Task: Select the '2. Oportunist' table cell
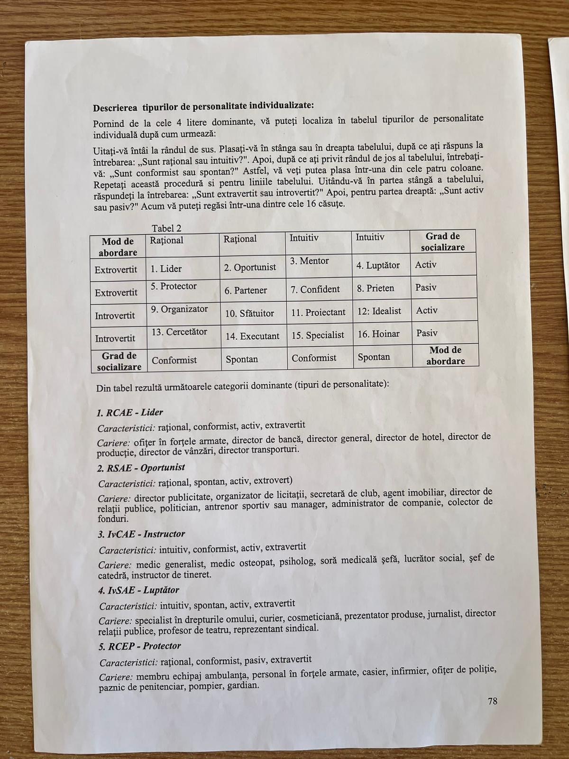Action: [250, 268]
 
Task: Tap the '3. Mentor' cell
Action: [309, 261]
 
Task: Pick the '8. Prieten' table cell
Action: [375, 288]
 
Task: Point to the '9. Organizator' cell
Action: [180, 309]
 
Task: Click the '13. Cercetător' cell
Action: [179, 332]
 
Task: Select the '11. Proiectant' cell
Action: [318, 313]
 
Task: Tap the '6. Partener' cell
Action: [246, 290]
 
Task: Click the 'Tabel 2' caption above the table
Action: [166, 229]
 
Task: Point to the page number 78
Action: [493, 701]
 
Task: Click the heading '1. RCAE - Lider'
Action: [129, 412]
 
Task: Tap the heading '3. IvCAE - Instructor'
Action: [141, 534]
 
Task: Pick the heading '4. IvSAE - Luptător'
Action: [138, 590]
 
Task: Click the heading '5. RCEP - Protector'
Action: [140, 646]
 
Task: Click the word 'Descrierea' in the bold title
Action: [115, 107]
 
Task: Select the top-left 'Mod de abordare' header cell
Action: [118, 247]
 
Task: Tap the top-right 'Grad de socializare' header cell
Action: [443, 241]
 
